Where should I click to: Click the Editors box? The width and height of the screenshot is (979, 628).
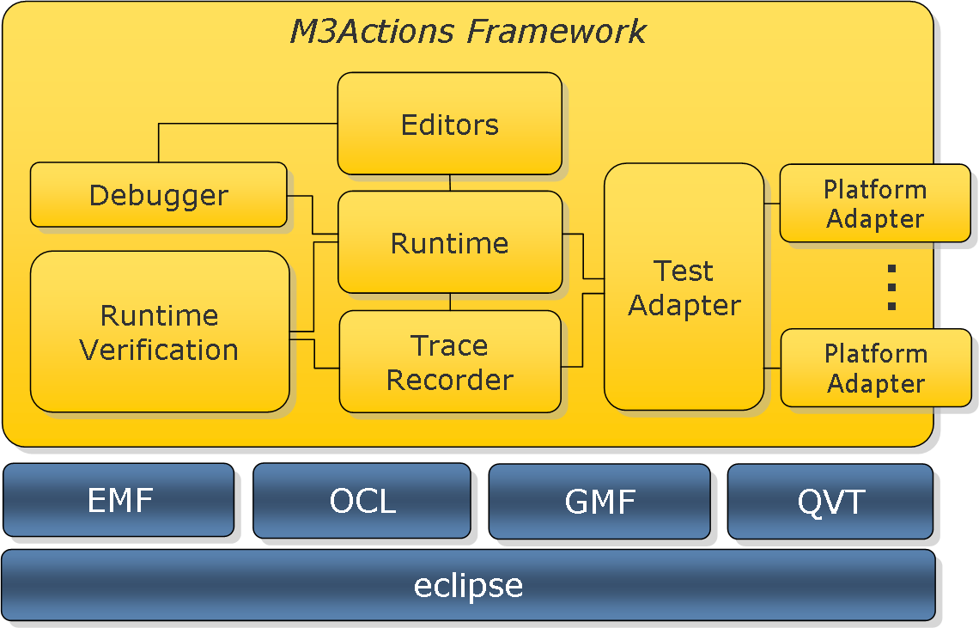(x=449, y=123)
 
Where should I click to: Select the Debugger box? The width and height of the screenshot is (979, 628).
(x=159, y=194)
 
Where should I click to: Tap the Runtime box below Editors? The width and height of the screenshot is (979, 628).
(x=449, y=241)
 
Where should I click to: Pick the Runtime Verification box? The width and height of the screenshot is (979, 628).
(x=160, y=332)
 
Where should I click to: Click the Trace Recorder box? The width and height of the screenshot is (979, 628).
(x=450, y=362)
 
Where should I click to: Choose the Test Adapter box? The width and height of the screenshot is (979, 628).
(x=684, y=287)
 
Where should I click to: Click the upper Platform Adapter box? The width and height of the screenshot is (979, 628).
(x=875, y=203)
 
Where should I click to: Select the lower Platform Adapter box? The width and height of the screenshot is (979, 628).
(x=876, y=368)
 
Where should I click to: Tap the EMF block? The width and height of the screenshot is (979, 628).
(x=119, y=500)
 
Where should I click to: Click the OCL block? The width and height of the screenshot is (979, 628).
(x=362, y=501)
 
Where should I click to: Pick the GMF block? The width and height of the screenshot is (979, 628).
(x=599, y=501)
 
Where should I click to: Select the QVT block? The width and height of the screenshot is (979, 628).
(x=830, y=501)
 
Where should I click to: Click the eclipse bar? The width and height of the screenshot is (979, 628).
(x=468, y=586)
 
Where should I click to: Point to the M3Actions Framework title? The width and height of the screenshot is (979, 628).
(x=468, y=31)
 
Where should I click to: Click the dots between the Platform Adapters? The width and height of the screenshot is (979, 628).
(x=891, y=288)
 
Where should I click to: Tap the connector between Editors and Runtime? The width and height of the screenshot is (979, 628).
(x=450, y=182)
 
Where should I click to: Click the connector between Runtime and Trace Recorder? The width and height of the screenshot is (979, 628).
(x=450, y=302)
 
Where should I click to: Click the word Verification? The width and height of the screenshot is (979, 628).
(x=159, y=350)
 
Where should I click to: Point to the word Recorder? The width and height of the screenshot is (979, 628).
(x=450, y=380)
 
